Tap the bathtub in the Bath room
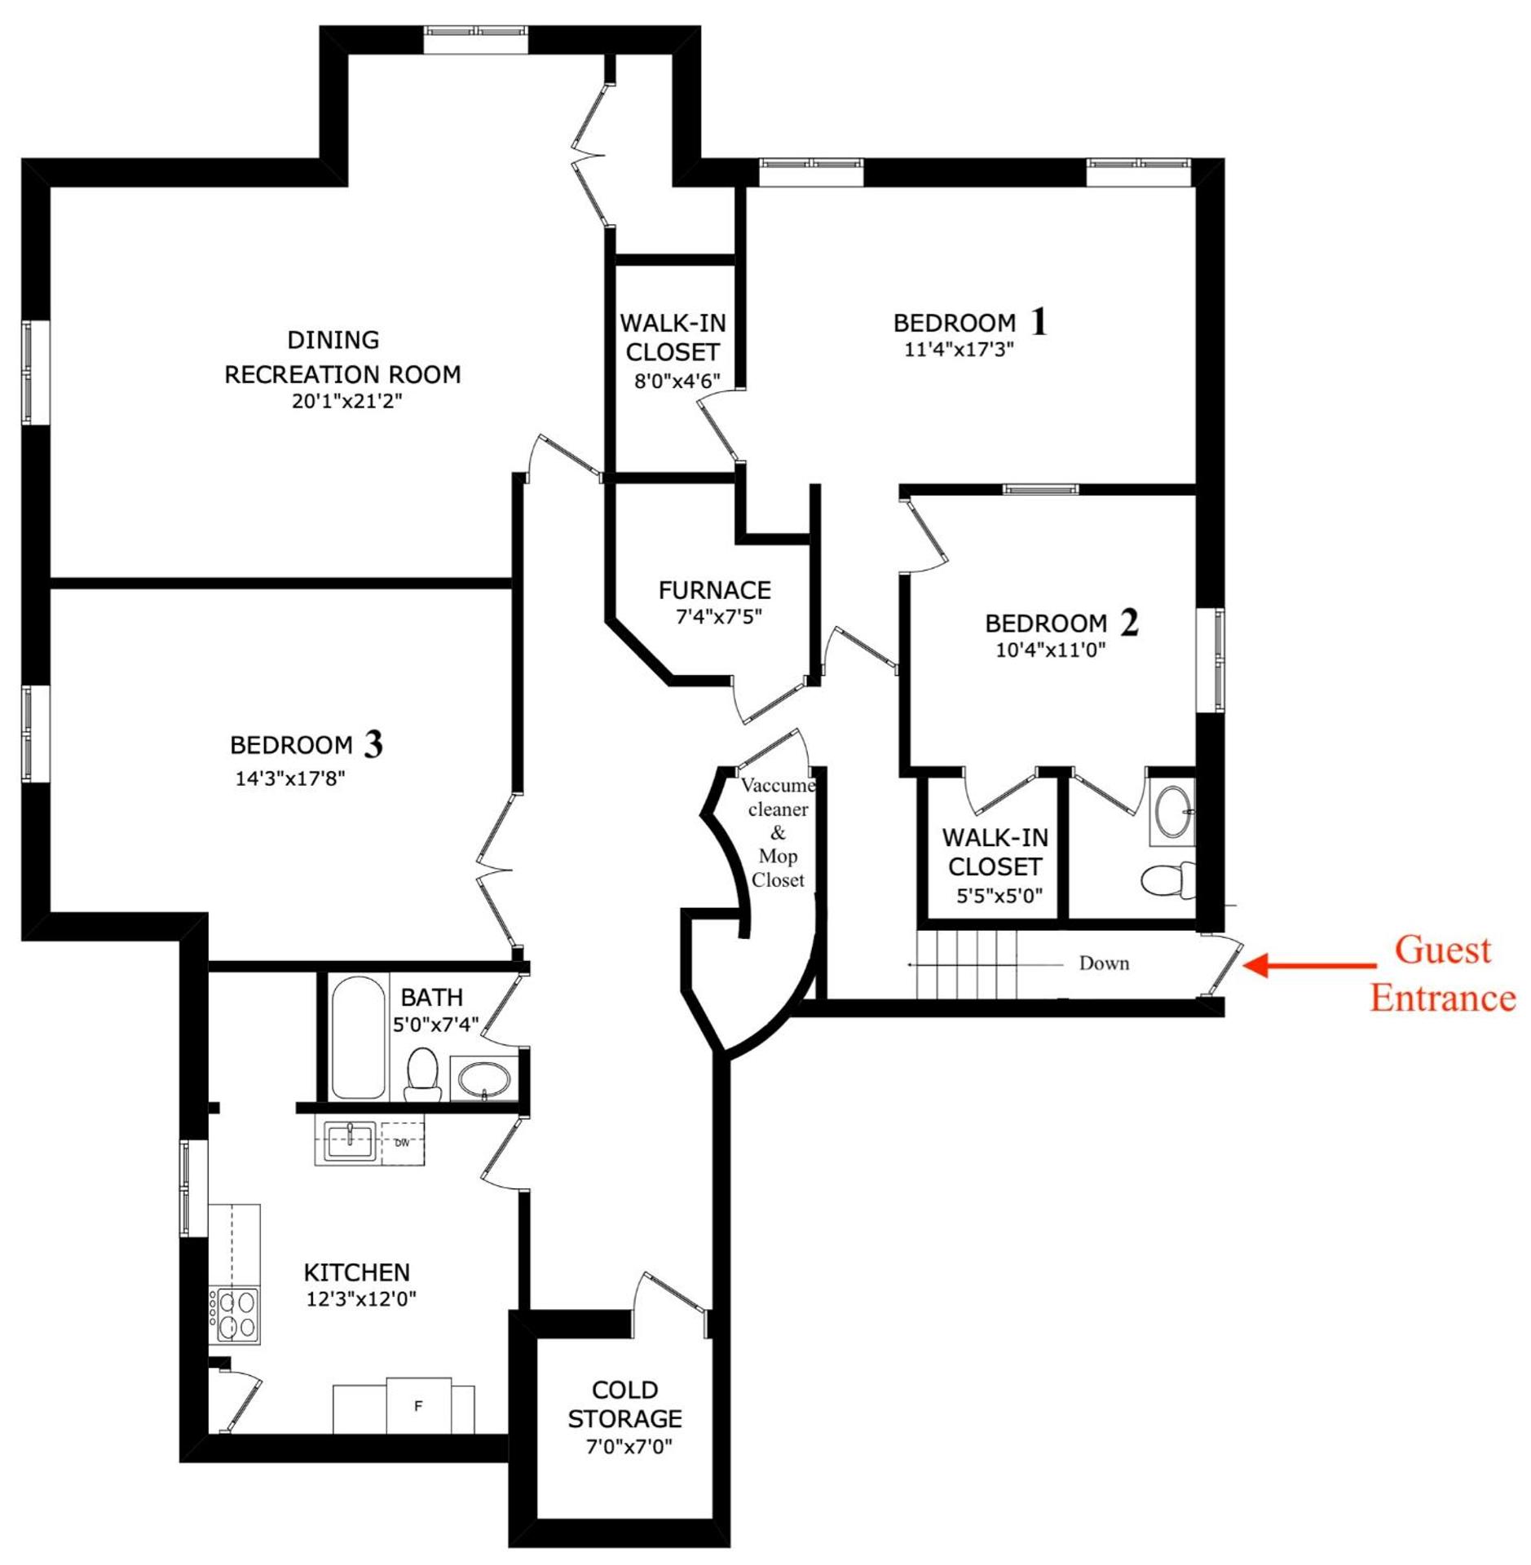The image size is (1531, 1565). (x=357, y=1038)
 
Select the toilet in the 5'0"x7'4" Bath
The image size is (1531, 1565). (x=421, y=1073)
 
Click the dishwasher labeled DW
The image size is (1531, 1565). (x=401, y=1143)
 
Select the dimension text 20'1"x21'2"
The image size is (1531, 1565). (x=347, y=401)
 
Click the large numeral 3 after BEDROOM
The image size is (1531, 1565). (x=373, y=743)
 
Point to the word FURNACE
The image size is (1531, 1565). (x=714, y=589)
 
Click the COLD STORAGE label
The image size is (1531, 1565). (x=624, y=1404)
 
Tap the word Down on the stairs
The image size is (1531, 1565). (x=1104, y=963)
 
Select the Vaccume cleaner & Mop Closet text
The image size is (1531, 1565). (x=778, y=832)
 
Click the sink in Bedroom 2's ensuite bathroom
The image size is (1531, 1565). (x=1172, y=812)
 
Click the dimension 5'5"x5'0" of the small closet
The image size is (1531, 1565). (x=999, y=896)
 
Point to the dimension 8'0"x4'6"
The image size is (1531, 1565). (x=677, y=381)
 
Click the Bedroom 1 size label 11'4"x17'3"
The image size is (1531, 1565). (x=959, y=349)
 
